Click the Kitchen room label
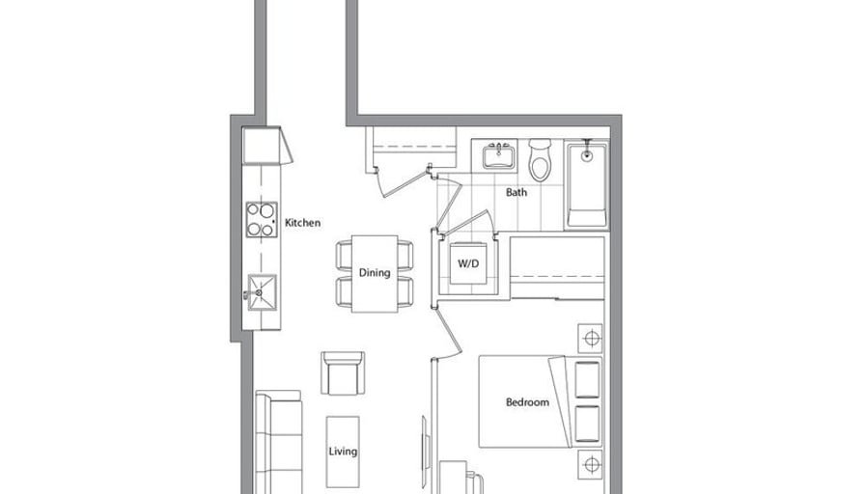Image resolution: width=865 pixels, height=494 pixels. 302,223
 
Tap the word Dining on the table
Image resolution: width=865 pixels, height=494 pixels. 375,272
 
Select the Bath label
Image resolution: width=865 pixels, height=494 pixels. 516,192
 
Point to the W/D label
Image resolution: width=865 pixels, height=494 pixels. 468,263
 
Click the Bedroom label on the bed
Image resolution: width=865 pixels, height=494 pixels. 527,402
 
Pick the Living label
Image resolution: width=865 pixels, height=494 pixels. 343,452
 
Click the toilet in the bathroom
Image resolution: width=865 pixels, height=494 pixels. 540,160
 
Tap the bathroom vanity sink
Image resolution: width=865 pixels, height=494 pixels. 499,156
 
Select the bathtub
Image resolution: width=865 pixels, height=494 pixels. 586,184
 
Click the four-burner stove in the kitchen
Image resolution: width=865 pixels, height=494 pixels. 262,219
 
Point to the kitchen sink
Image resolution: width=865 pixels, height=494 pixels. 262,292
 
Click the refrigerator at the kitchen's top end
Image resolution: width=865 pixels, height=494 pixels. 266,146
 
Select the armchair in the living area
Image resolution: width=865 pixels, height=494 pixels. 343,372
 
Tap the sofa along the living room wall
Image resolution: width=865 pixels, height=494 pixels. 279,442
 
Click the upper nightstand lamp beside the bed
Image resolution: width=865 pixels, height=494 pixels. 590,338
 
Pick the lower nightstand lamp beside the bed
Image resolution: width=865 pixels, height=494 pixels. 590,465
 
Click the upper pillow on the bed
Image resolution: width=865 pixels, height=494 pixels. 587,380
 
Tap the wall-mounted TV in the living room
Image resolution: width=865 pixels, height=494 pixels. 424,445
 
